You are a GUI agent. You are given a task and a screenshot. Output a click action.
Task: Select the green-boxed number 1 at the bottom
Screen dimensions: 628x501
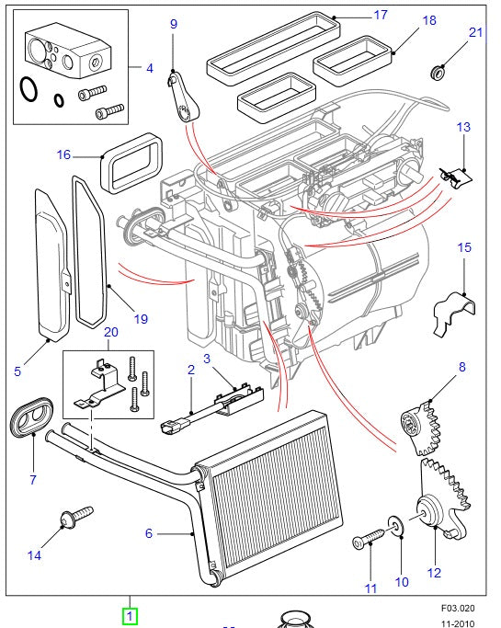tap(130, 615)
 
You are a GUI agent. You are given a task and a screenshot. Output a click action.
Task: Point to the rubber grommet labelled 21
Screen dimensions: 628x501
tap(438, 71)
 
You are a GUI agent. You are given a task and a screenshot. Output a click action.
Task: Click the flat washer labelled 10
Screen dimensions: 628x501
tap(396, 526)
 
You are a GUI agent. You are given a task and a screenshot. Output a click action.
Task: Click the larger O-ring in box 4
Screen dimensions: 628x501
tap(29, 89)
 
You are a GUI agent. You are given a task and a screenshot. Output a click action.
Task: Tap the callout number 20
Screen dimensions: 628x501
tap(110, 332)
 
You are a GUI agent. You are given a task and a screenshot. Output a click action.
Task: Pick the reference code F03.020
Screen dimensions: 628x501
tap(455, 608)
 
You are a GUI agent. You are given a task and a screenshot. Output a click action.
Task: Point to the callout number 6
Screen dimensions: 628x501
tap(148, 533)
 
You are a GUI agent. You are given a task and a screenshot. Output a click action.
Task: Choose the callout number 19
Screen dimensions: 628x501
tap(141, 319)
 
